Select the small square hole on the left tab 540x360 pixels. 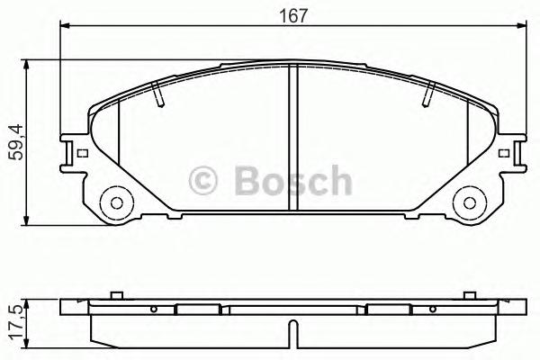point(83,152)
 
